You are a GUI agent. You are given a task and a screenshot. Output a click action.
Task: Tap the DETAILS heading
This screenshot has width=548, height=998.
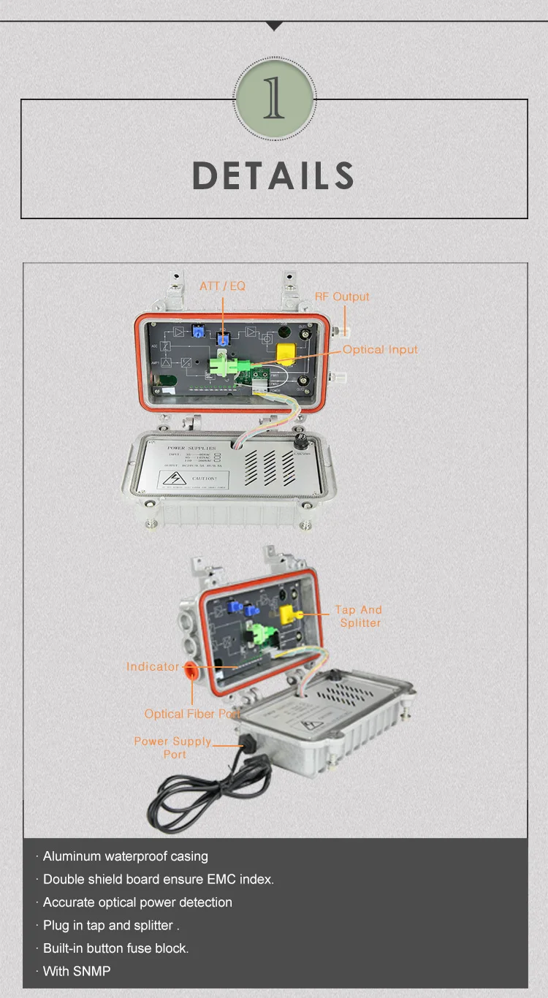coord(273,176)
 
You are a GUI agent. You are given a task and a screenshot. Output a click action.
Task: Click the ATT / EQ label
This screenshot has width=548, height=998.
coord(223,286)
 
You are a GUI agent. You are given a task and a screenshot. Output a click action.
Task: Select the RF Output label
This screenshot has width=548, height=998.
coord(342,297)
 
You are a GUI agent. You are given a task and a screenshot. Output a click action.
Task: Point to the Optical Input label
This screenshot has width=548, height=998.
coord(380,350)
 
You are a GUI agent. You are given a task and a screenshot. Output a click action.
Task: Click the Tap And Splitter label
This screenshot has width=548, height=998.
coord(359,616)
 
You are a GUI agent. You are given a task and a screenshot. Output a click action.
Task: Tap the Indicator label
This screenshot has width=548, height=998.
coord(152,666)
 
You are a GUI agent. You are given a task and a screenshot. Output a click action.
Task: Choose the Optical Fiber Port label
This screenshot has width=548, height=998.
coord(192,714)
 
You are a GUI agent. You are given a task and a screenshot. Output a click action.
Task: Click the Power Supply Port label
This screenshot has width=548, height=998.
coord(173,747)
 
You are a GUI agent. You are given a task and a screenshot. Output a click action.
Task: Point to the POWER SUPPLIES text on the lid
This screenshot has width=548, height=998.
coord(191,447)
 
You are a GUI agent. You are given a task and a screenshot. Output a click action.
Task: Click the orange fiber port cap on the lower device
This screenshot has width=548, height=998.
coord(190,669)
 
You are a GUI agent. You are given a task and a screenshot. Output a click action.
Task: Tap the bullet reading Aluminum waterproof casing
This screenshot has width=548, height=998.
coord(125,856)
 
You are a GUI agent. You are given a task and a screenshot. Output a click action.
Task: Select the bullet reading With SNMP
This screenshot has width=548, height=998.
coord(77,971)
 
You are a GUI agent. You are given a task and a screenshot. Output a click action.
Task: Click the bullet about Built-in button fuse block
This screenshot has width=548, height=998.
coord(115,948)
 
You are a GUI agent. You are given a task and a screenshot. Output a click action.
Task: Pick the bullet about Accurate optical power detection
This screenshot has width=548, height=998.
coord(137,902)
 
